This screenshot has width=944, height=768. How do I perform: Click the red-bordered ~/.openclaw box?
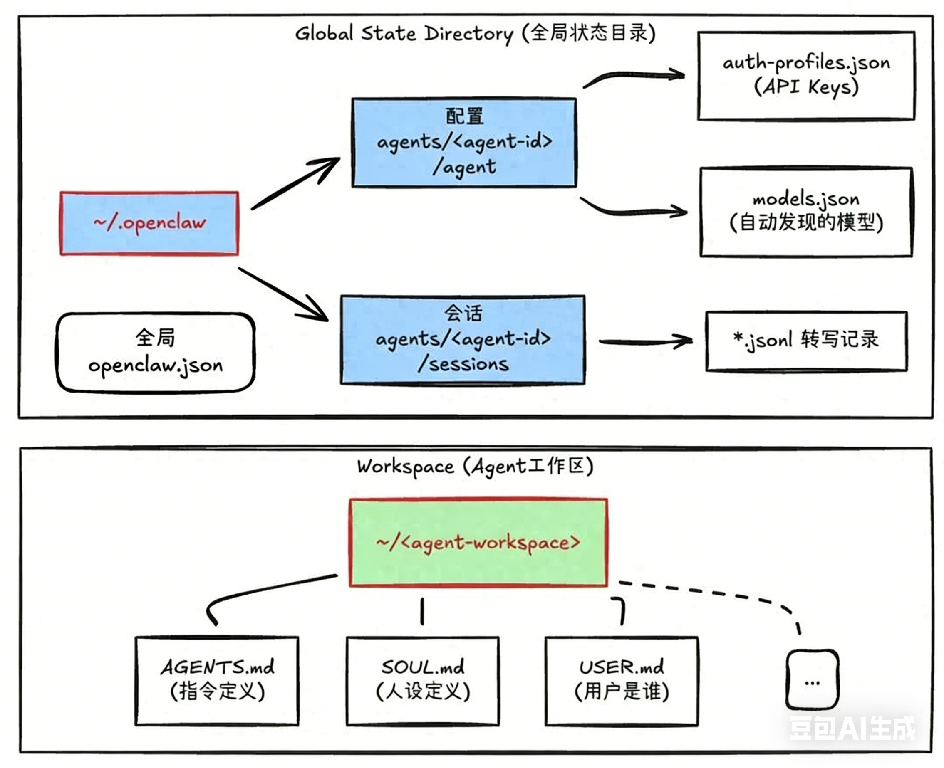[x=149, y=223]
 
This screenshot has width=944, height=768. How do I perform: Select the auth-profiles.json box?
[x=806, y=75]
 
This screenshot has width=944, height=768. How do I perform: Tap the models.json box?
[x=806, y=212]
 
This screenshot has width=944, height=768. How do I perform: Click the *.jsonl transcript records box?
[x=806, y=341]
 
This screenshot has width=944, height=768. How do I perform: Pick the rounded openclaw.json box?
[x=155, y=352]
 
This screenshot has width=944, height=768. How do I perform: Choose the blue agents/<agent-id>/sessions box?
[x=463, y=339]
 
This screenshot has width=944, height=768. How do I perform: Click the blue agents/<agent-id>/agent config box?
[x=464, y=143]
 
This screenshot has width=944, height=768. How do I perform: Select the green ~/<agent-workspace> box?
[x=478, y=542]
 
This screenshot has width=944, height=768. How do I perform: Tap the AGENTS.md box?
[x=217, y=680]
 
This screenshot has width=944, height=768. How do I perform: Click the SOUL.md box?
[x=423, y=680]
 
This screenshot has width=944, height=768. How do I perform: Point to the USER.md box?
[x=622, y=680]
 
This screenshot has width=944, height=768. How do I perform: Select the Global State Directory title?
[x=475, y=33]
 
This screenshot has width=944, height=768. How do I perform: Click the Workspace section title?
[x=475, y=466]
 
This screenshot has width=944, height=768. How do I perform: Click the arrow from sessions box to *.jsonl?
[x=645, y=341]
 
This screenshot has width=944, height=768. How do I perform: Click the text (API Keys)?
[x=806, y=87]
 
